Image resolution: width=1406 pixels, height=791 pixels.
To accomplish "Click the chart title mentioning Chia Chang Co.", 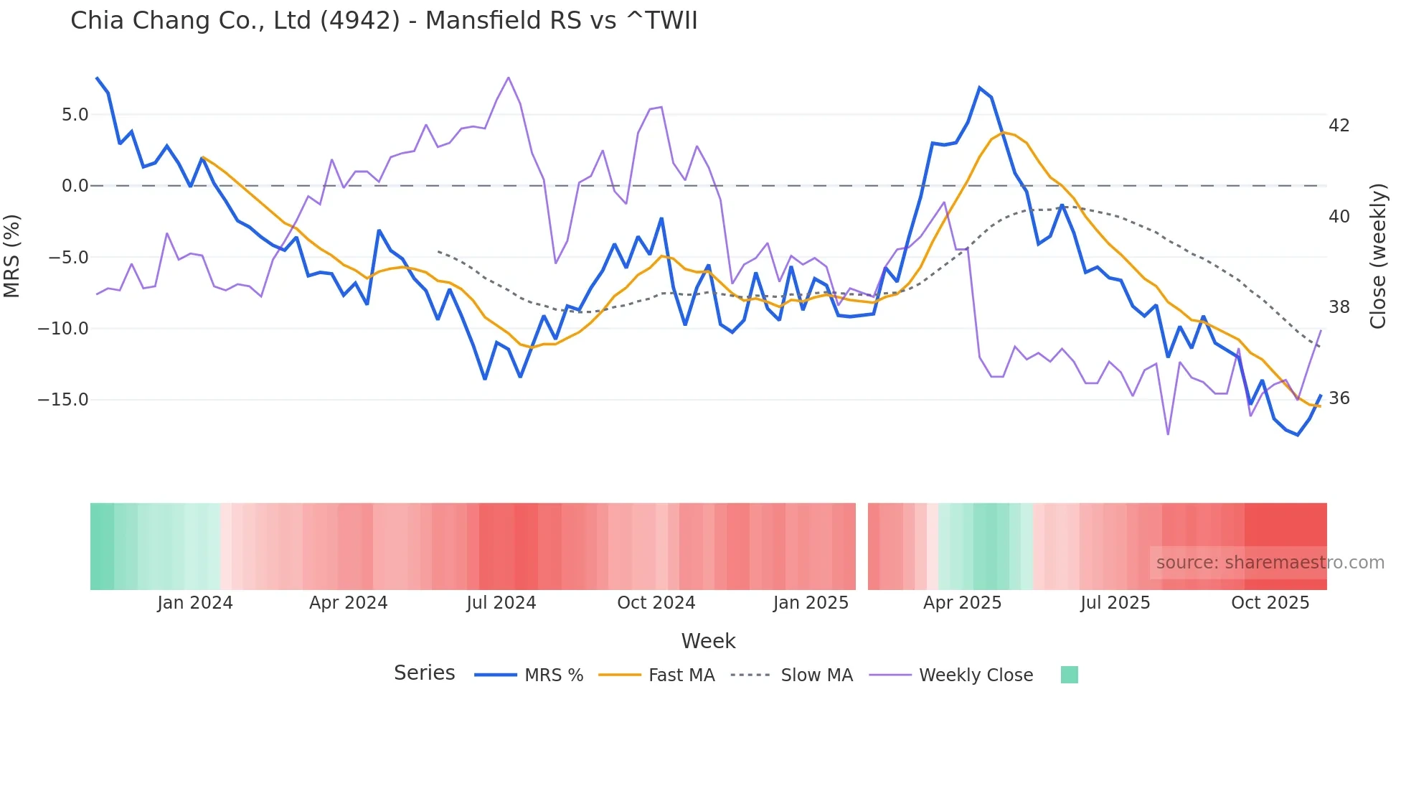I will coord(384,20).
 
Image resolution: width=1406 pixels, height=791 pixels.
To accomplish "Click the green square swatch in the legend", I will coord(1069,675).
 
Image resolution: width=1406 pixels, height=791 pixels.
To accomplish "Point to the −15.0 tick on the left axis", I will coord(63,400).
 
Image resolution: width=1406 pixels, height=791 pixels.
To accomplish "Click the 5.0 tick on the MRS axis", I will coord(75,115).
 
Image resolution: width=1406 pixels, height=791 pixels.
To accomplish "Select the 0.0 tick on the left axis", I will coord(75,186).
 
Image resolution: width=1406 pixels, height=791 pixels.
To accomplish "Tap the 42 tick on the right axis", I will coord(1339,126).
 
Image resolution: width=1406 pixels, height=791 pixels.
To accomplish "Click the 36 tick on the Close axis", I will coord(1339,398).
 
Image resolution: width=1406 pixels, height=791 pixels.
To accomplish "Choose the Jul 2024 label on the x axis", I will coord(501,603).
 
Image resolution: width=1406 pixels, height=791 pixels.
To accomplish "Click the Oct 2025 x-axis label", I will coord(1270,603).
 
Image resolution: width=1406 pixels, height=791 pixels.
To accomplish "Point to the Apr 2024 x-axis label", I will coord(348,603).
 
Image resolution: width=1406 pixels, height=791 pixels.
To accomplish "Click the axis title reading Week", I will coord(708,641).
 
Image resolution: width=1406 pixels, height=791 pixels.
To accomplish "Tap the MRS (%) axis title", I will coord(12,256).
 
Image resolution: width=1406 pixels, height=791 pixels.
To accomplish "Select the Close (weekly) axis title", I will coord(1378,256).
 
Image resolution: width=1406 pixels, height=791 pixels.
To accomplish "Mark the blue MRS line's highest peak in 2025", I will coord(979,88).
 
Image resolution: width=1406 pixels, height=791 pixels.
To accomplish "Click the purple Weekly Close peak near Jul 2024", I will coord(508,78).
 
